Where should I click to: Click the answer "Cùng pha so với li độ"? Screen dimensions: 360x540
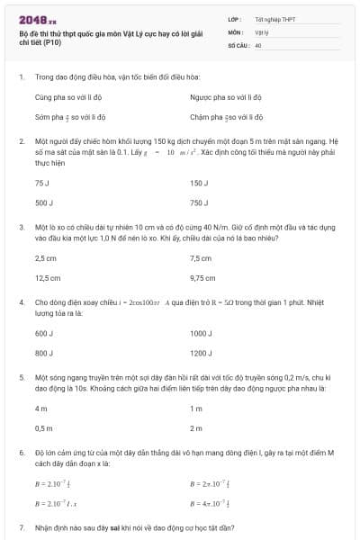tap(69, 96)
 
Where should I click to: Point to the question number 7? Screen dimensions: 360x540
tap(21, 526)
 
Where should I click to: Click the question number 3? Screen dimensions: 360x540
tap(21, 228)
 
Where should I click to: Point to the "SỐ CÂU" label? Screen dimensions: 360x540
tap(238, 43)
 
